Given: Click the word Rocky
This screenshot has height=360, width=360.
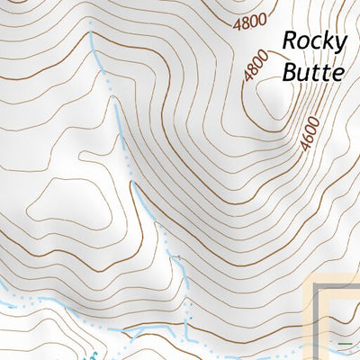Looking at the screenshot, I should coord(313,40).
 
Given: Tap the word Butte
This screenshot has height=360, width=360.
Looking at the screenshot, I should coord(312,71).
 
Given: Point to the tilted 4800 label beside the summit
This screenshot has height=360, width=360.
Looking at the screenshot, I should coord(255,67).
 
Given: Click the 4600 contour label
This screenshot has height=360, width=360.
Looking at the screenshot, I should coord(310,134).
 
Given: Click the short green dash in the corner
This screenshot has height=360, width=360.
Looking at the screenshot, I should coord(345,344).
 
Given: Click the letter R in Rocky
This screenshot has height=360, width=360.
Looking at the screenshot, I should coord(291,40).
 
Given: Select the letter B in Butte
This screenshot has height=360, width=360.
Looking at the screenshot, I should coord(290,71).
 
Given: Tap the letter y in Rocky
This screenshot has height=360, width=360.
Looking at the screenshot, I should coord(338,43).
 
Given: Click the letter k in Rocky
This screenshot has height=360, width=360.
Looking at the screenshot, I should coord(326,40).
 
